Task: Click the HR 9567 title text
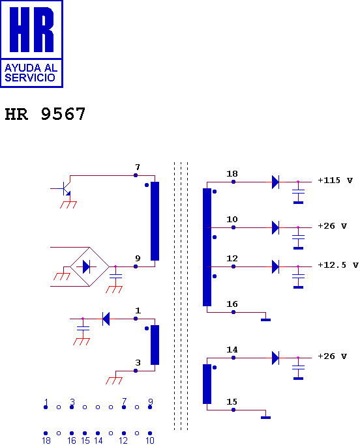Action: point(45,114)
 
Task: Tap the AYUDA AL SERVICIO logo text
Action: point(31,73)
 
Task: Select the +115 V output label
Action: point(335,180)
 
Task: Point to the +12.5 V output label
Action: point(338,265)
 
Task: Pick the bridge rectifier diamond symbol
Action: point(89,266)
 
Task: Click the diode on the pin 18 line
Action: point(275,182)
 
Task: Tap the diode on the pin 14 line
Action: point(275,358)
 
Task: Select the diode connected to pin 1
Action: point(106,319)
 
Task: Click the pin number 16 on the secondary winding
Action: point(232,304)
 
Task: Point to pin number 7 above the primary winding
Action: point(138,167)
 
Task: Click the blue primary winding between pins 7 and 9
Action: point(155,221)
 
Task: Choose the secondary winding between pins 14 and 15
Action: point(207,384)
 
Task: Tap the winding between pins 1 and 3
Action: point(155,345)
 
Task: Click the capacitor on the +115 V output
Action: point(298,192)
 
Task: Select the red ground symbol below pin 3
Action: point(114,380)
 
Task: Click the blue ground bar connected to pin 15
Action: point(265,418)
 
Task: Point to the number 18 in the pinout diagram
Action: point(46,440)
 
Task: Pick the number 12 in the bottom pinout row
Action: point(123,440)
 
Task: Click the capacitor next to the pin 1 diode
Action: point(83,328)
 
